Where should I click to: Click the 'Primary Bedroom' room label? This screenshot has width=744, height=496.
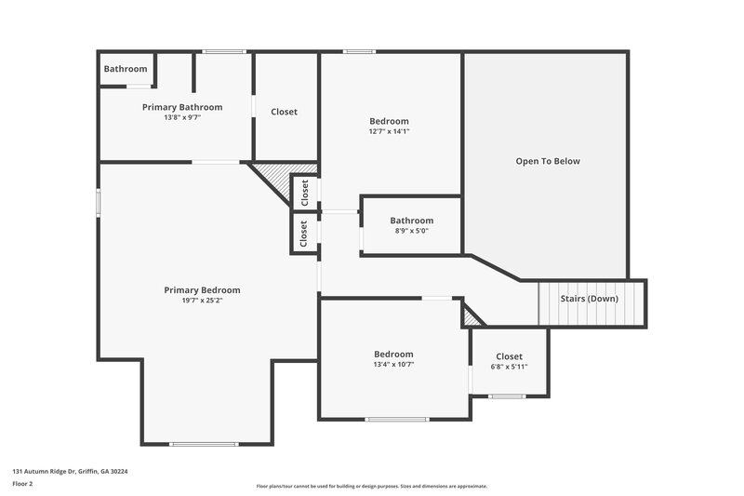pos(202,289)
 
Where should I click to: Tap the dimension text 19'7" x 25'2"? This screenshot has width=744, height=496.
pos(202,301)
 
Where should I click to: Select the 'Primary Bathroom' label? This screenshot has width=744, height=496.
pos(182,107)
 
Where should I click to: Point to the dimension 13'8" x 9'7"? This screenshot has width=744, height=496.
pos(182,117)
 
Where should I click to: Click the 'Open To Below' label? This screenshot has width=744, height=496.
pos(548,161)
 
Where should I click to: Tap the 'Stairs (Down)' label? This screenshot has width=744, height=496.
pos(590,299)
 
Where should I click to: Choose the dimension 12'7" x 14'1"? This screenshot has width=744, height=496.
pos(389,131)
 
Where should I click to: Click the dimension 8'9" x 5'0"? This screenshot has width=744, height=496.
pos(411,231)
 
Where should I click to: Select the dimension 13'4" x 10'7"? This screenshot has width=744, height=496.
pos(393,364)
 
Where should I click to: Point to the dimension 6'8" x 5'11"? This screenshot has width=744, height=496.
pos(509,367)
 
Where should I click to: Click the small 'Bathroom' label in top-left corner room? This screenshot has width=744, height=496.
pos(125,69)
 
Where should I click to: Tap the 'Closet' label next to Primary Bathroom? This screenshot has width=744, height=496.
pos(284,112)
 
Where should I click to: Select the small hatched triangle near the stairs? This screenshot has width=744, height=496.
pos(472,319)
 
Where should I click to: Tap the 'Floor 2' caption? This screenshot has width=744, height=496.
pos(23,484)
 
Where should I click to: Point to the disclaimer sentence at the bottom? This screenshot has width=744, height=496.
pos(372,486)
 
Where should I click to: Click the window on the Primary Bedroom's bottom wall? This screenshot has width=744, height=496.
pos(204,443)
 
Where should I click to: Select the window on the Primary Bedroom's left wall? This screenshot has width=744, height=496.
pos(99,204)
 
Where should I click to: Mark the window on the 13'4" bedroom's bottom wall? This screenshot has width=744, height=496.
pos(396,420)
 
